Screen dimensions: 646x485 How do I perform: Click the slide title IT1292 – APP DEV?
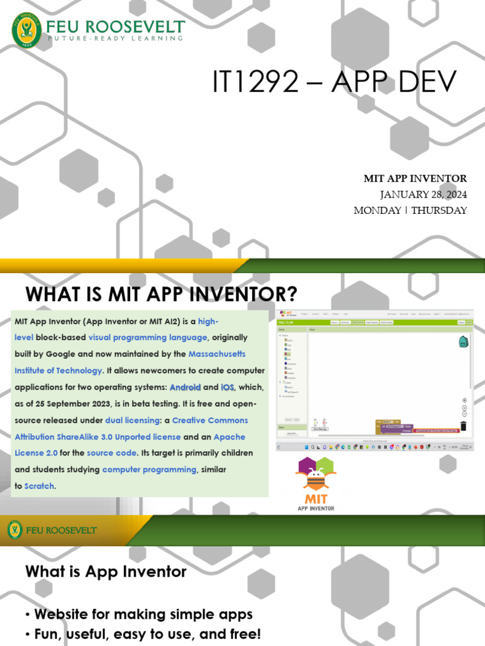[333, 83]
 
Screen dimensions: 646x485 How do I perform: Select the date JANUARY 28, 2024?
[423, 194]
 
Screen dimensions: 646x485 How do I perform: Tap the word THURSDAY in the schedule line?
[439, 210]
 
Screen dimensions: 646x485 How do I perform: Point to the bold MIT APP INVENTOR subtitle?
[415, 179]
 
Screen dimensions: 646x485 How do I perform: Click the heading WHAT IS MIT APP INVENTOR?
[161, 294]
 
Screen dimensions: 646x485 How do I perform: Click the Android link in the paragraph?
[185, 387]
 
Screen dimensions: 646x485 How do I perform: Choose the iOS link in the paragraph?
[228, 387]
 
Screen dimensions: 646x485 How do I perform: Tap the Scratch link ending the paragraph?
[39, 486]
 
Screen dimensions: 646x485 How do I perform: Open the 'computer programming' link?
[150, 469]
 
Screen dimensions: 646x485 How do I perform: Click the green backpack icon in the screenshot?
[463, 342]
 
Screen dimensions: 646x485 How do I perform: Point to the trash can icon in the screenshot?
[464, 426]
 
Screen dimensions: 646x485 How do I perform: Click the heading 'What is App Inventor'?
[106, 572]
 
